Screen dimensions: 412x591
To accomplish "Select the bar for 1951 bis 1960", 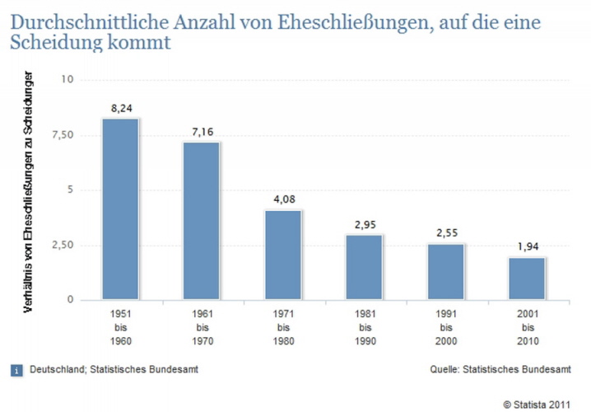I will tap(120, 209).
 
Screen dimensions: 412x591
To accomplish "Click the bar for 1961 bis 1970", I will tap(202, 221).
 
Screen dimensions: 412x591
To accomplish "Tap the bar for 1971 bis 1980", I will tap(283, 255).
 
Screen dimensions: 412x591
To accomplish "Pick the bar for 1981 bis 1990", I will tap(365, 267).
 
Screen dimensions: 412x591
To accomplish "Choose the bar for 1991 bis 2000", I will tap(446, 271).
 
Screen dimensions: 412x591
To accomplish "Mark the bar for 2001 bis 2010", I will tap(528, 278).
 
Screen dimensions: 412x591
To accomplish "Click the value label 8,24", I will tap(120, 108).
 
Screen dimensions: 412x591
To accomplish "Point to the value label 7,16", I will tap(202, 132).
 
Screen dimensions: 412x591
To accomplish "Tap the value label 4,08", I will tap(283, 199).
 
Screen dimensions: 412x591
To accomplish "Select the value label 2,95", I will tap(365, 224).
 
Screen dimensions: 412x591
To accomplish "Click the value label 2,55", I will tap(446, 233).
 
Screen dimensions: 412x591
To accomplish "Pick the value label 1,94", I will tap(528, 246).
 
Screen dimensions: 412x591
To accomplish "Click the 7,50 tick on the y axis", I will tap(63, 134).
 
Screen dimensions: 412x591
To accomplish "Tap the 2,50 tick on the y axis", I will tap(63, 245).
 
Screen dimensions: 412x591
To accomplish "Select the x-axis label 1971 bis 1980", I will tap(283, 327).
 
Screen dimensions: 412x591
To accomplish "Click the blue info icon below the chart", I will tap(16, 369).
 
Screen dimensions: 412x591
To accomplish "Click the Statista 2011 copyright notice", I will tap(537, 404).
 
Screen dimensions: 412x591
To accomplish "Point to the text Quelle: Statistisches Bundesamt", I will tap(500, 369).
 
